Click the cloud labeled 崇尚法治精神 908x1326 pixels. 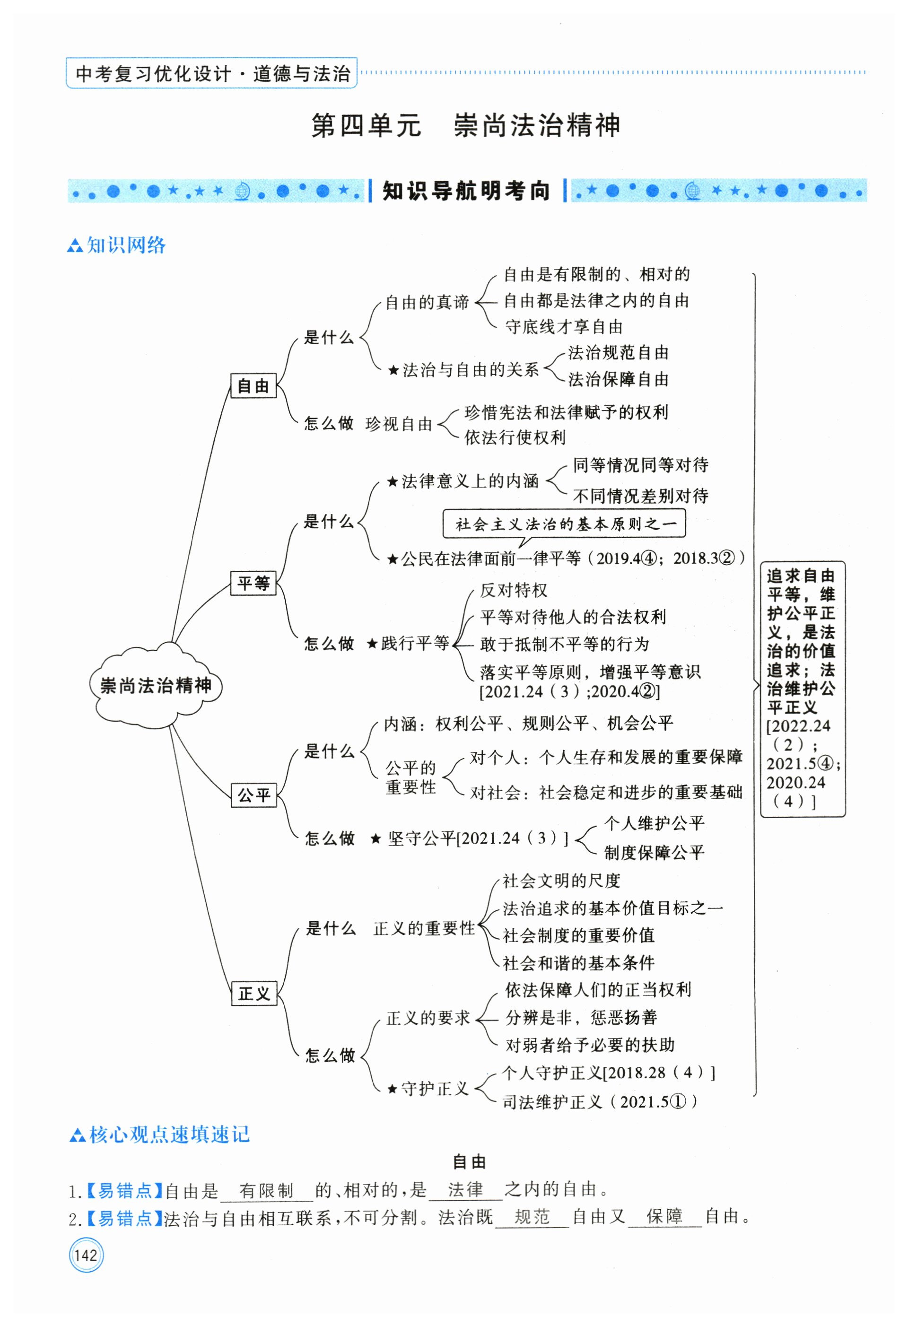[155, 685]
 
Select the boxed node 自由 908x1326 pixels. [253, 386]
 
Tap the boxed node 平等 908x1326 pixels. [253, 583]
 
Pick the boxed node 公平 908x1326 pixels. [253, 795]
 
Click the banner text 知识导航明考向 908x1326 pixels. [466, 191]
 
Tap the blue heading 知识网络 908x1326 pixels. [125, 245]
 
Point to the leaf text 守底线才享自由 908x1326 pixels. [563, 327]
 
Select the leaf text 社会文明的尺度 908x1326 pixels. [561, 881]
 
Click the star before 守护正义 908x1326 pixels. [392, 1089]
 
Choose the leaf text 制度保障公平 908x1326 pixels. [654, 853]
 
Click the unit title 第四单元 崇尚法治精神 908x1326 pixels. [465, 125]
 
